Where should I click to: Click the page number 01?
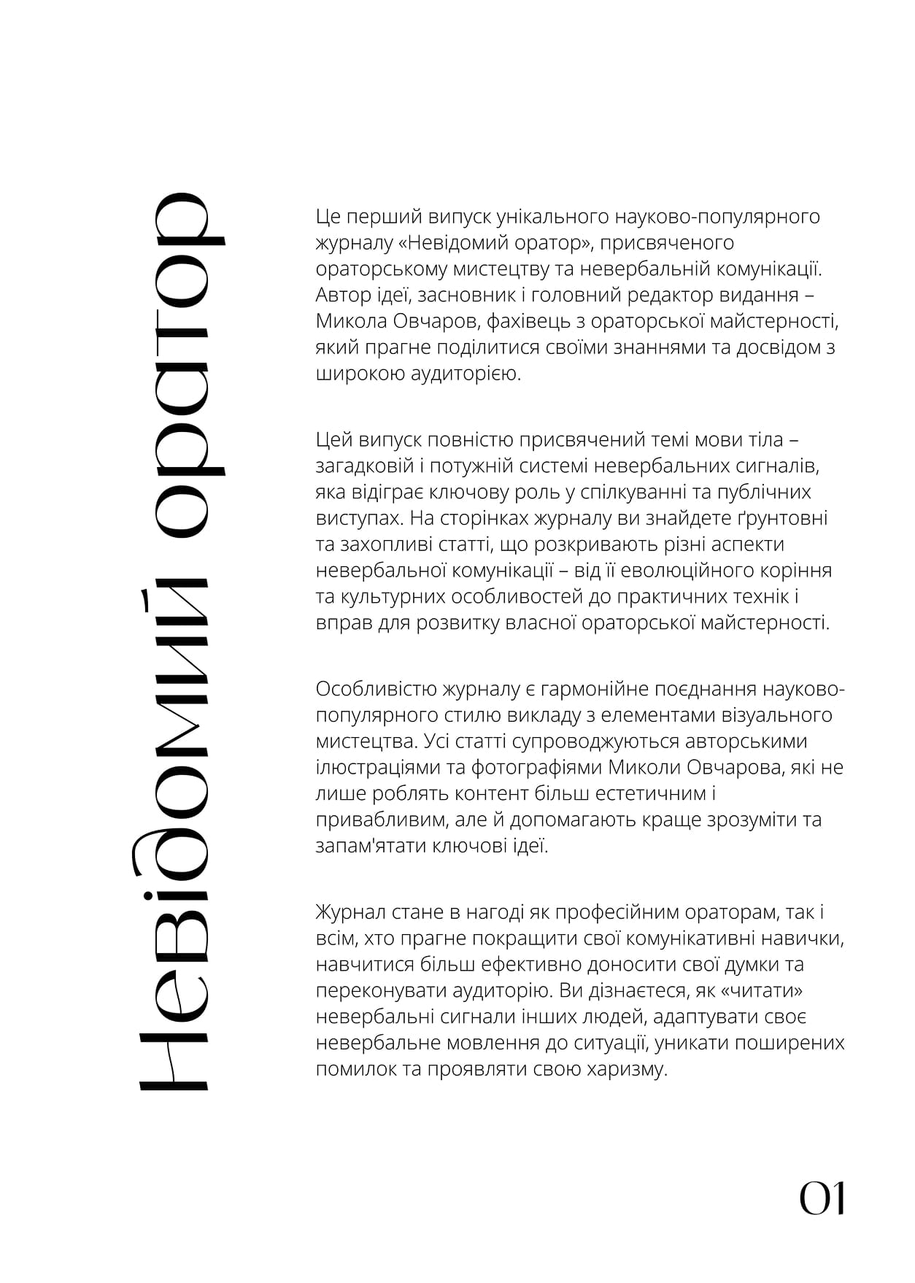pyautogui.click(x=822, y=1198)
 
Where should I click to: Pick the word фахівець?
pyautogui.click(x=534, y=321)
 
